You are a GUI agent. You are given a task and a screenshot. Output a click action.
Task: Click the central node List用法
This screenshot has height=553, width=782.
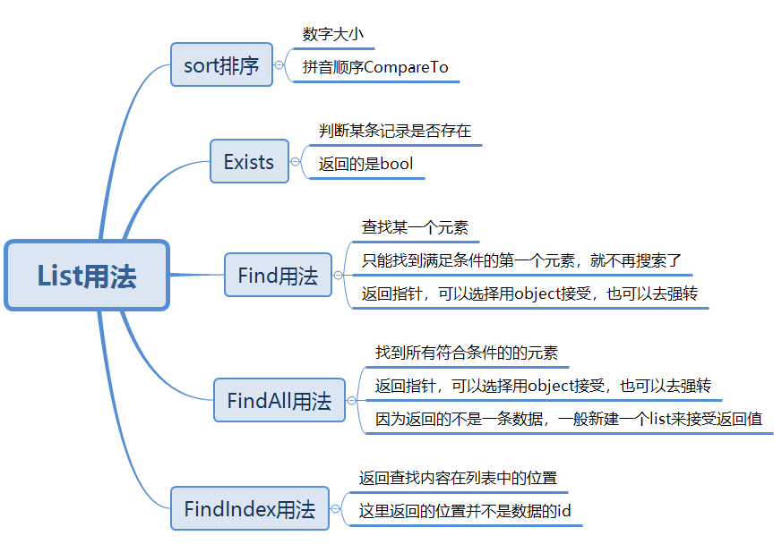click(x=87, y=276)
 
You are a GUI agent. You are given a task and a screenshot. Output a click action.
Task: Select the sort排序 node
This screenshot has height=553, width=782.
click(x=221, y=65)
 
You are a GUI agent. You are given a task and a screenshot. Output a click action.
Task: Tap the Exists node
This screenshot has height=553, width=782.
click(x=249, y=162)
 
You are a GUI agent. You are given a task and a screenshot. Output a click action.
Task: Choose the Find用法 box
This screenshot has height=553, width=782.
click(x=278, y=276)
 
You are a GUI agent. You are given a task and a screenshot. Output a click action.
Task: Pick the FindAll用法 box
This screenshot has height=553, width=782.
click(x=279, y=400)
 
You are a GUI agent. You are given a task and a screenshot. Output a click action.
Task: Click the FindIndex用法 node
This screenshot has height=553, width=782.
click(x=250, y=509)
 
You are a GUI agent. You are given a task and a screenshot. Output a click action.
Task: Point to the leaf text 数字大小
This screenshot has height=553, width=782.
click(x=332, y=34)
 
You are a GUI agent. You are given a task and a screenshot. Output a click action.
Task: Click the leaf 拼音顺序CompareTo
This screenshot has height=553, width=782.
click(x=375, y=67)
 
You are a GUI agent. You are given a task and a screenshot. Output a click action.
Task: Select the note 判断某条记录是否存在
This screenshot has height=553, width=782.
click(x=394, y=131)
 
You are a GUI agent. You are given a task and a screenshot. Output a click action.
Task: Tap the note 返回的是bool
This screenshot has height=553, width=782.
click(x=365, y=164)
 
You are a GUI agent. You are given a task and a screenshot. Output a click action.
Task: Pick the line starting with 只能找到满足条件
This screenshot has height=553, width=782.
click(x=521, y=260)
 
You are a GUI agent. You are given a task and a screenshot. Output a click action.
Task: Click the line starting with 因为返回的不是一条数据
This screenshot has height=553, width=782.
click(x=569, y=418)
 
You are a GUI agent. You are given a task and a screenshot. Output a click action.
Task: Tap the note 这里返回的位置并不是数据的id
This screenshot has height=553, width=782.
click(x=465, y=511)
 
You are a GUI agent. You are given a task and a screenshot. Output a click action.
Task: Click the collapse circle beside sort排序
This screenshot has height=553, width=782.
click(x=279, y=65)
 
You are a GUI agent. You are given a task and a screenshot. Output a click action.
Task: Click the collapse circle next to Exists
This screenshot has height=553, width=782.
click(x=296, y=162)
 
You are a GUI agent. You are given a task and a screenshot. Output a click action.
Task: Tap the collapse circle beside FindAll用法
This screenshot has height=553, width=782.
click(x=352, y=400)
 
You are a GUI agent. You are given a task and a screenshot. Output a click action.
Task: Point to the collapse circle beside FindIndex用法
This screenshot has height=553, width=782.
click(x=336, y=509)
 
